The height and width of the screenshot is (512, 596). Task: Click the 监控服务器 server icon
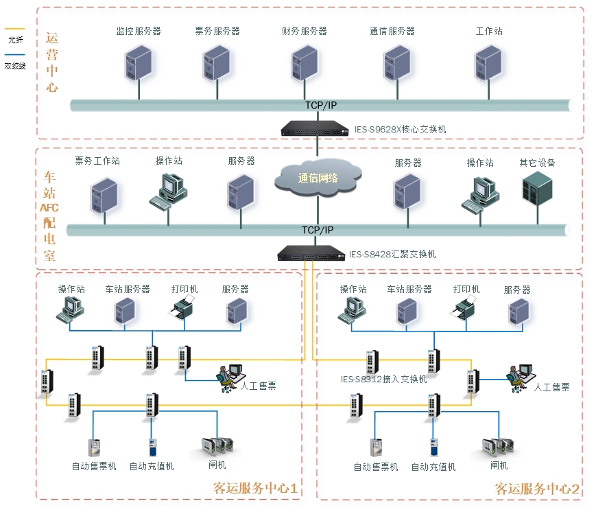(x=139, y=62)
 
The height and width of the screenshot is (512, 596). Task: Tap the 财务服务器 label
(x=304, y=32)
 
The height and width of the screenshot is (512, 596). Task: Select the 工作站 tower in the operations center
(x=488, y=62)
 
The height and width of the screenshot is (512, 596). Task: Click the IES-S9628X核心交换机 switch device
(x=315, y=128)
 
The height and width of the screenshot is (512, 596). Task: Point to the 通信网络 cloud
(x=318, y=178)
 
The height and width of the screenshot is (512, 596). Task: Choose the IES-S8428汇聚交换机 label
(x=392, y=255)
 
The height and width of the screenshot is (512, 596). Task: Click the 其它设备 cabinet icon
(x=537, y=189)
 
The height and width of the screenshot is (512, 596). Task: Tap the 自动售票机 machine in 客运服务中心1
(x=94, y=447)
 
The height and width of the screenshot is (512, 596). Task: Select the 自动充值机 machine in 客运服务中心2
(x=433, y=447)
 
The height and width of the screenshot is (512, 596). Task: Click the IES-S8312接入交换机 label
(x=383, y=379)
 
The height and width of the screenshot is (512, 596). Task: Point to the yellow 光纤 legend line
(x=14, y=30)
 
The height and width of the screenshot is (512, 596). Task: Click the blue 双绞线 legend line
(x=14, y=55)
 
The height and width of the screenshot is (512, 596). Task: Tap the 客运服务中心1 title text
(x=255, y=489)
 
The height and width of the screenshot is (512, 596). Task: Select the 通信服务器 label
(x=392, y=32)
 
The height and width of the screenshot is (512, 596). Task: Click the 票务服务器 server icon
(x=216, y=62)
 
